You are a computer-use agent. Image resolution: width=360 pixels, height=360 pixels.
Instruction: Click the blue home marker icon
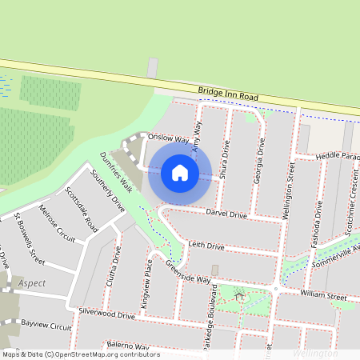tap(180, 173)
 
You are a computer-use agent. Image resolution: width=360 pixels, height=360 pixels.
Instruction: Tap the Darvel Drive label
tap(226, 214)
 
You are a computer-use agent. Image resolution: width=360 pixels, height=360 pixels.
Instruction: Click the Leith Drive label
tap(206, 246)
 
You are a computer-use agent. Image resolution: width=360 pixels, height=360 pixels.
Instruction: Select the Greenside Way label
tap(187, 271)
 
